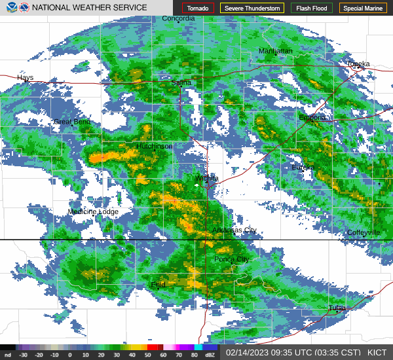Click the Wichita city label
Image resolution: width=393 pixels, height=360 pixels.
206,177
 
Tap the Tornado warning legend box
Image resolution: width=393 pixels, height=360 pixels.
198,9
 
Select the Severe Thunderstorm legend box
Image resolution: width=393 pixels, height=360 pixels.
252,9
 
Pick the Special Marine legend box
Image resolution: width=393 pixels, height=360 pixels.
363,9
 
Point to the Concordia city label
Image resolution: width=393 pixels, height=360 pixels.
178,18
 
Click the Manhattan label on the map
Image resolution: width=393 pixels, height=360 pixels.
275,50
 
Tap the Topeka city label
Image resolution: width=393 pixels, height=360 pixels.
358,63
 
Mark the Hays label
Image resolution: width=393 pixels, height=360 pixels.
25,77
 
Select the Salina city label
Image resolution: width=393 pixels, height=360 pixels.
181,82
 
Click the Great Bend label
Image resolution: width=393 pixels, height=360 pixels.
72,122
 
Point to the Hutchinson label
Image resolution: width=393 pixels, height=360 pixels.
155,146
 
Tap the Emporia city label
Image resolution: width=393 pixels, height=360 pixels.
312,118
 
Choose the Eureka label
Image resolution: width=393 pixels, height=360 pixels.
303,167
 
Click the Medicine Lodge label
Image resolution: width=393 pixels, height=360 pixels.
93,211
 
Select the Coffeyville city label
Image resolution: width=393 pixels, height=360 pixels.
364,232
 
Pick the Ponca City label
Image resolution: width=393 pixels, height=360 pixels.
232,259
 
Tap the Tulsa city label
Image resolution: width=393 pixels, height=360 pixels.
337,308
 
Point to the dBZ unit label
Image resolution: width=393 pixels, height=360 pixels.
210,355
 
